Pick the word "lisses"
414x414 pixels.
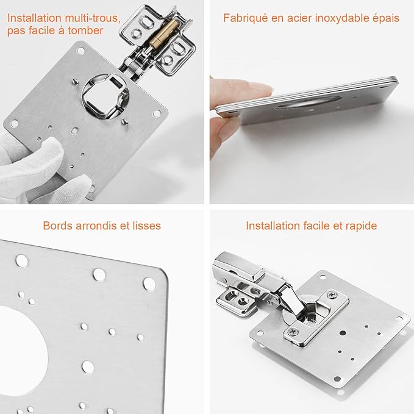click(x=146, y=226)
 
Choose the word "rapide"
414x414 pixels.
click(x=360, y=226)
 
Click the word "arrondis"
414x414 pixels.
click(x=98, y=226)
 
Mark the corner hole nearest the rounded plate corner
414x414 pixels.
click(x=149, y=282)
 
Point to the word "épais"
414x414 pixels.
click(x=385, y=18)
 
